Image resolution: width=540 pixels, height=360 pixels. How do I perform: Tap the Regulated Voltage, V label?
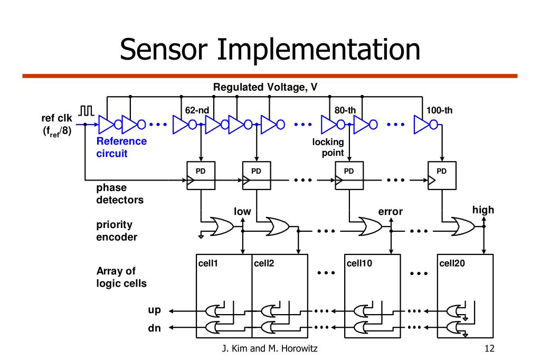click(x=265, y=87)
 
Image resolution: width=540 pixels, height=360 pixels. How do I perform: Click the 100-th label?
click(x=439, y=110)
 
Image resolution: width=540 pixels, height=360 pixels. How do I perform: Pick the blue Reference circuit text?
click(x=121, y=148)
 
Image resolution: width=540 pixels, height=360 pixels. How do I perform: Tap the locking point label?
click(x=328, y=148)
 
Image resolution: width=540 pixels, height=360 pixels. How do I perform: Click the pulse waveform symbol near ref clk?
click(x=87, y=110)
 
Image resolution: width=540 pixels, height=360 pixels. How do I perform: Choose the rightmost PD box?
click(x=442, y=175)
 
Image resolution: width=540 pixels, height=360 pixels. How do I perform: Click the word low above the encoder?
click(x=242, y=212)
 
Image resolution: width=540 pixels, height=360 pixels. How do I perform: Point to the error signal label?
click(x=391, y=212)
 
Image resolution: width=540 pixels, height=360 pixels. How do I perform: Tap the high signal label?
click(x=483, y=210)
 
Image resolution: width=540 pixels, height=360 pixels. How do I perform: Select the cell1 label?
click(x=208, y=262)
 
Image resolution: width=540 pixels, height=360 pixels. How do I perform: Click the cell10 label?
click(x=359, y=262)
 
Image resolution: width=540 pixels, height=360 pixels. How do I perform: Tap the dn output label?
click(x=154, y=328)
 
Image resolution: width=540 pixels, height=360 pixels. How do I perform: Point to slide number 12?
click(x=488, y=349)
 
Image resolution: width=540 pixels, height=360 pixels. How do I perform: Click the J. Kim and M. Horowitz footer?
click(x=270, y=349)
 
